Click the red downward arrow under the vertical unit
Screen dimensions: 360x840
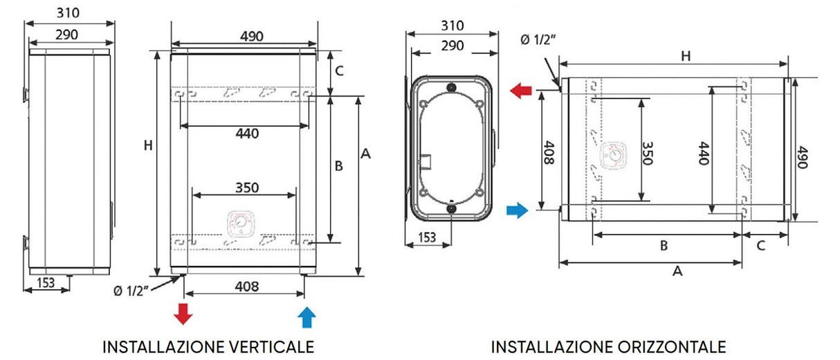183,314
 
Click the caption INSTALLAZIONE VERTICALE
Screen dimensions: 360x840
208,346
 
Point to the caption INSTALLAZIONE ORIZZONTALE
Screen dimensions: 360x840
609,346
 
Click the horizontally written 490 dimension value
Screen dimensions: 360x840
253,37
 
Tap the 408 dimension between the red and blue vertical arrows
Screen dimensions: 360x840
247,286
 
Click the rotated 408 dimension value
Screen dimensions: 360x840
547,152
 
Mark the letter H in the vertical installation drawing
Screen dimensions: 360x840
147,145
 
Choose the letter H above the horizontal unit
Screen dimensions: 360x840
685,56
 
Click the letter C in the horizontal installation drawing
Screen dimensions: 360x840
760,244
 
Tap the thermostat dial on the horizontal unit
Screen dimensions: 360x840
612,156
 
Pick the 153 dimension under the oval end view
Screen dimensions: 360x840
427,237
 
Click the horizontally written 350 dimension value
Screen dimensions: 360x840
246,187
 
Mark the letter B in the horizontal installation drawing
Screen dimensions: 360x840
663,244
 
